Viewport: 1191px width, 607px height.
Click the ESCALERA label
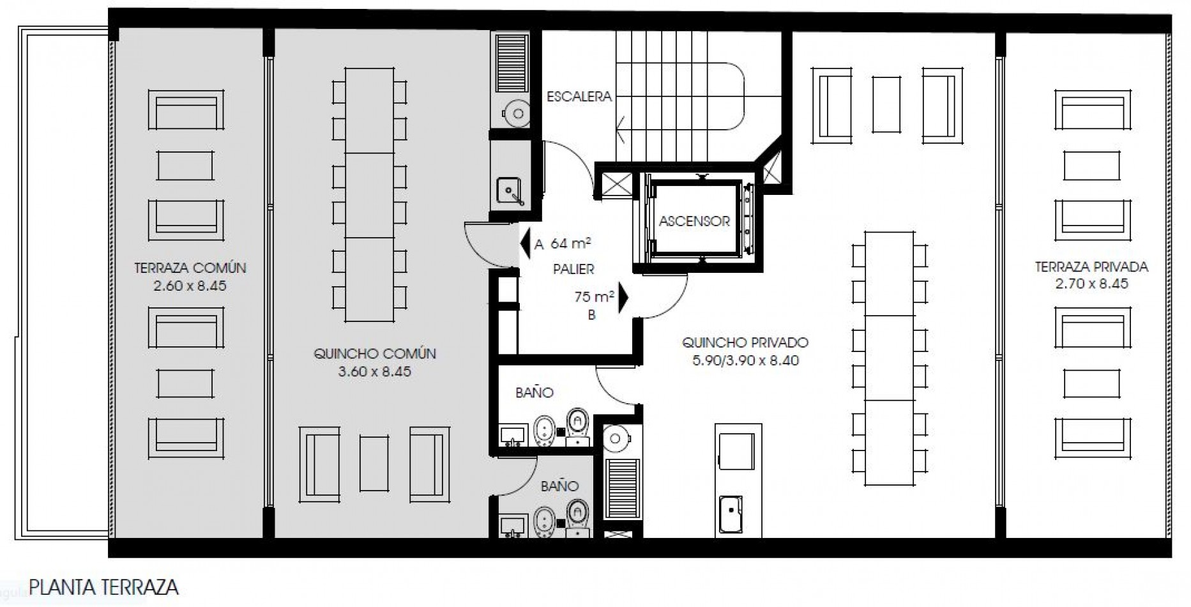point(579,96)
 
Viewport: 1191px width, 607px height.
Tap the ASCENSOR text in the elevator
point(694,221)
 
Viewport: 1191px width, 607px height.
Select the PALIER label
point(573,270)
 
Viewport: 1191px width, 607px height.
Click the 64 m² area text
point(570,243)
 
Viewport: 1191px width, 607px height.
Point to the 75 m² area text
point(594,297)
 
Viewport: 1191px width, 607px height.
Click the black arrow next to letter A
point(525,244)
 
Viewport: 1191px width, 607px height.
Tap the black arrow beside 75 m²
point(623,298)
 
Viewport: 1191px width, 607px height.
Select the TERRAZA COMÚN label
point(190,268)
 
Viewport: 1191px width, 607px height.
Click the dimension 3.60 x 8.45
point(375,371)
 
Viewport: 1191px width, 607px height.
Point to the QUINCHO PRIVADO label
point(745,342)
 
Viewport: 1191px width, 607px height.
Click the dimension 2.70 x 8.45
point(1091,284)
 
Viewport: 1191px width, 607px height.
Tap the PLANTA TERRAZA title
point(103,587)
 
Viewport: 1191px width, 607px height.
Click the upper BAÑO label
point(534,392)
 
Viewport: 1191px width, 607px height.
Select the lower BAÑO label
point(559,486)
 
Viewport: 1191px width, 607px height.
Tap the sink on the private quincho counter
point(731,514)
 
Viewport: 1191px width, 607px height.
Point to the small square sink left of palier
point(510,190)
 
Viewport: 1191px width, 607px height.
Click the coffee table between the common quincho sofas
point(374,463)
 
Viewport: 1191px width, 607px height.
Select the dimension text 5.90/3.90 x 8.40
point(745,360)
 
